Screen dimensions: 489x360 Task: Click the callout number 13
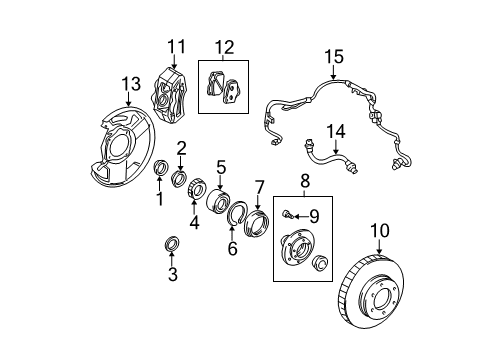pos(131,83)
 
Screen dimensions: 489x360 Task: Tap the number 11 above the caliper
pos(176,46)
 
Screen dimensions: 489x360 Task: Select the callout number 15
pos(334,56)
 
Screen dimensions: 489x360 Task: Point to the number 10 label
pos(380,230)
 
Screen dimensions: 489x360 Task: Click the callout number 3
pos(173,274)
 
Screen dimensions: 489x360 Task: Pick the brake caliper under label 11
pos(169,95)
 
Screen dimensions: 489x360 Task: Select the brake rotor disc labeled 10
pos(372,292)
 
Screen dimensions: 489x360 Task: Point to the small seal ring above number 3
pos(172,244)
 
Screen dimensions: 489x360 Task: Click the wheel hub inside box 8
pos(297,249)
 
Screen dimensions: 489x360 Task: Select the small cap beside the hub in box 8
pos(320,261)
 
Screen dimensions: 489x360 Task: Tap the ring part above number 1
pos(160,167)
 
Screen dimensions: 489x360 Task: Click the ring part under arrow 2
pos(179,177)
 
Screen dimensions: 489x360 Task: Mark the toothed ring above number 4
pos(196,189)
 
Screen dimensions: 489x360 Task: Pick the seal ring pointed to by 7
pos(256,223)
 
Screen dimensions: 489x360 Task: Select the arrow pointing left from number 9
pos(301,217)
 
